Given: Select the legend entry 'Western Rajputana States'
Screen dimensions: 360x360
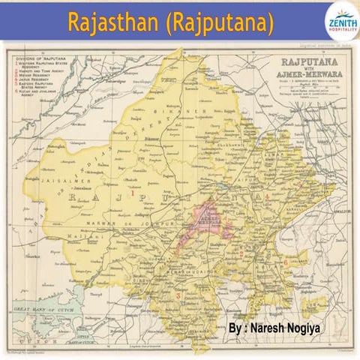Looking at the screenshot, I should point(46,65).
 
